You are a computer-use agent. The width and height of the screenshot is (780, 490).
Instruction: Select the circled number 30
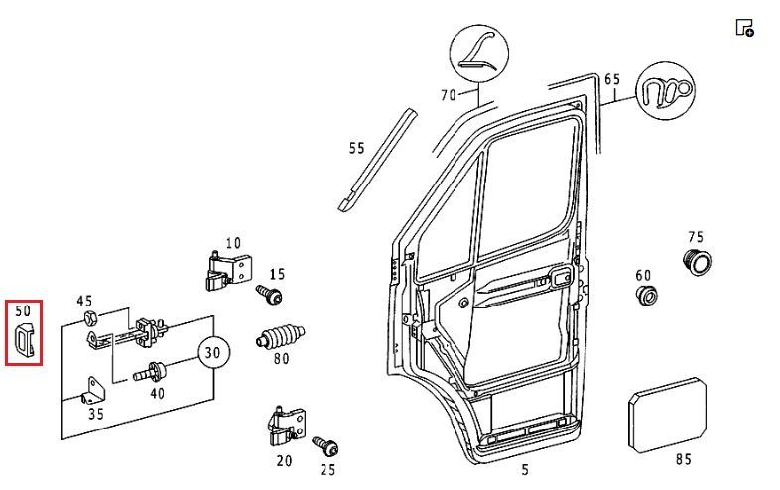210,352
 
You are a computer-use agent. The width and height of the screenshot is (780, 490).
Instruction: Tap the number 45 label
84,302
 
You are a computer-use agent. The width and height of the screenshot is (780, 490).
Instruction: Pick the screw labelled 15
268,295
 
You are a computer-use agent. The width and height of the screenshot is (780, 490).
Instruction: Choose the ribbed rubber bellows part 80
281,335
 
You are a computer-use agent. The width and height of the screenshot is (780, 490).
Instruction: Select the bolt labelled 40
155,373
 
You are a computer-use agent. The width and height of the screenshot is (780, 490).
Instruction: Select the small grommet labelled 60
646,296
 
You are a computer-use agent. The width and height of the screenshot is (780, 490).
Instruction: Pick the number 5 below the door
524,470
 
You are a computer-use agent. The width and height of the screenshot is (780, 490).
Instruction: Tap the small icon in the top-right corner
744,27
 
